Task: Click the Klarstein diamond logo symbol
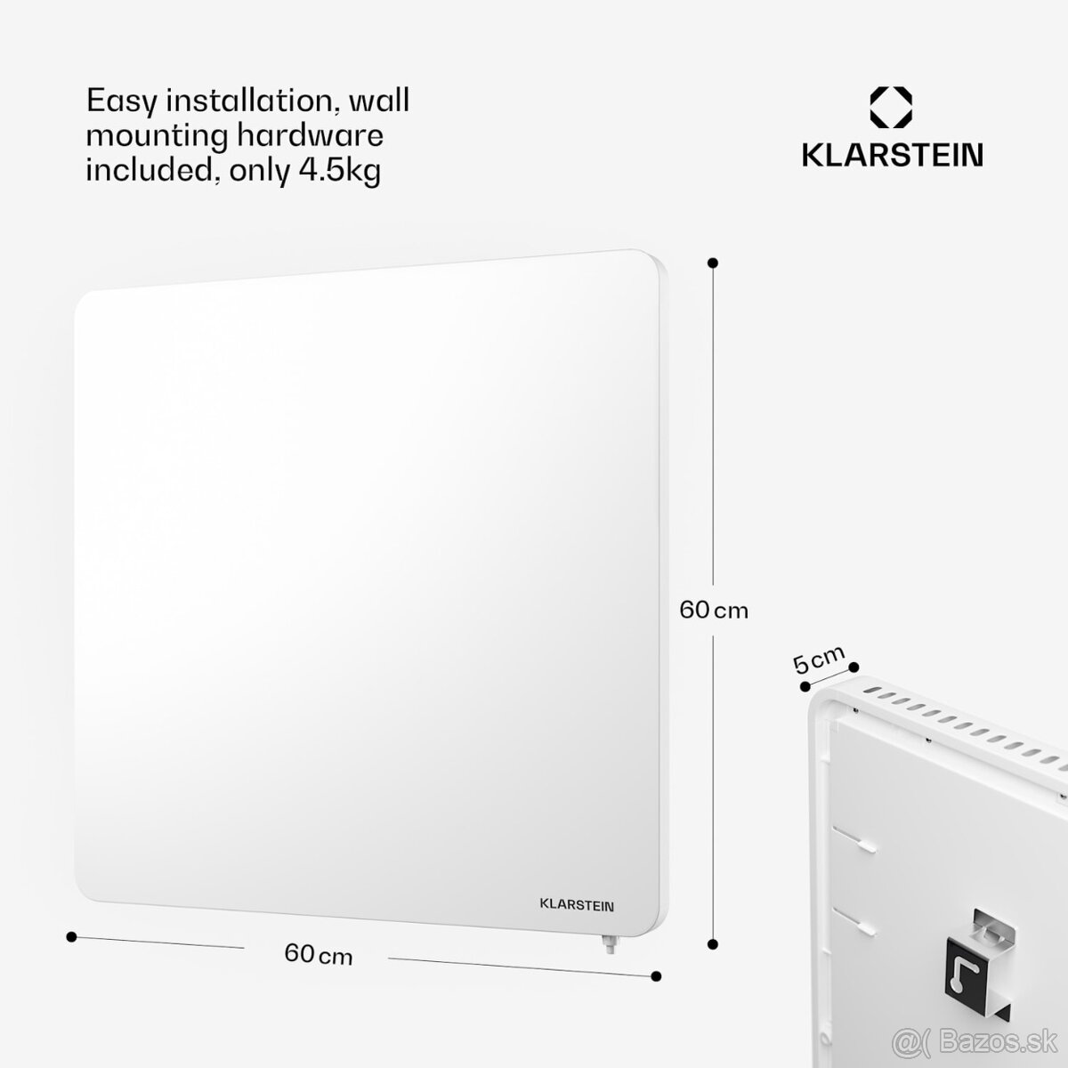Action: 891,107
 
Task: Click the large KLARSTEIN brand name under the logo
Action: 893,155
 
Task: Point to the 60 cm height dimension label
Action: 713,611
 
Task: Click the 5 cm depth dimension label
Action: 819,659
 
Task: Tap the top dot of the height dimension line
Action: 713,263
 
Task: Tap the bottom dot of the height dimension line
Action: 713,944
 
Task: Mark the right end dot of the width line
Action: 656,976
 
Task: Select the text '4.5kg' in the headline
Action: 340,171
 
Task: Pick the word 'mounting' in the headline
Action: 157,137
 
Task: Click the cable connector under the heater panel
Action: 611,944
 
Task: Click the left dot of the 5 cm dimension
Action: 805,687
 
